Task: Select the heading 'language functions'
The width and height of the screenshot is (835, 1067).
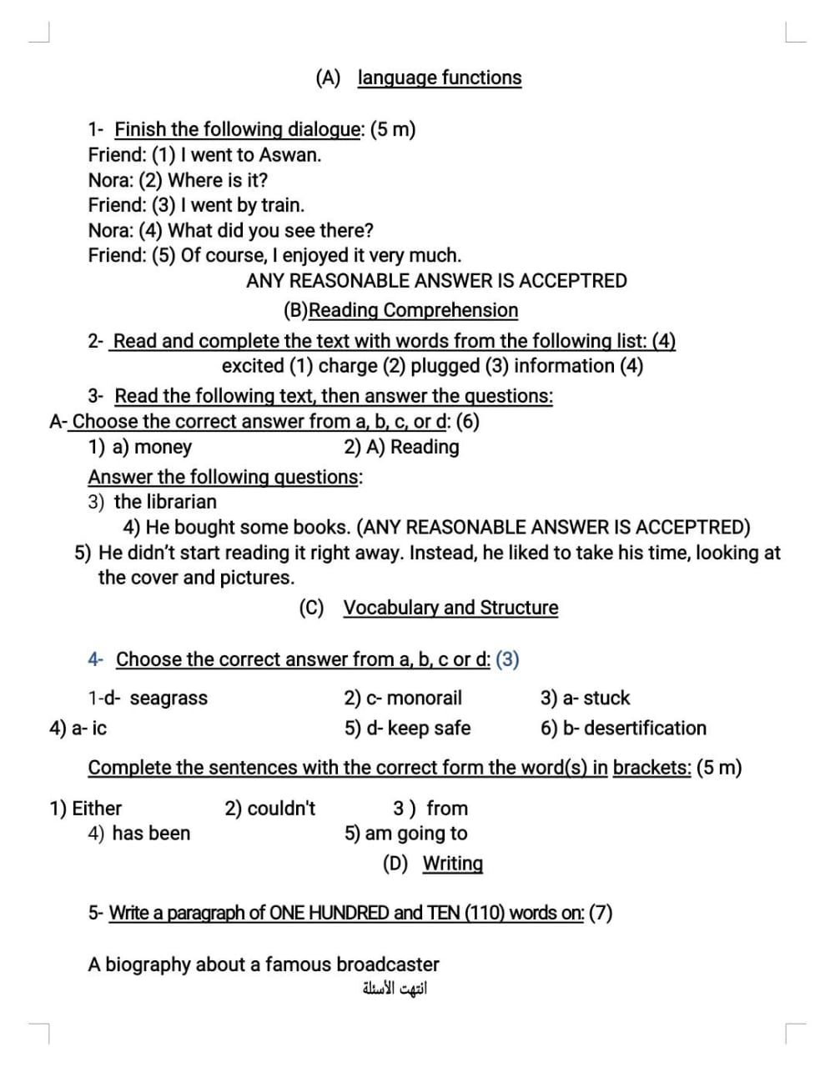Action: [440, 78]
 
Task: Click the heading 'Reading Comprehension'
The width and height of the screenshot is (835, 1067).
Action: [413, 310]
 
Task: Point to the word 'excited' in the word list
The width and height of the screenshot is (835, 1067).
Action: [253, 366]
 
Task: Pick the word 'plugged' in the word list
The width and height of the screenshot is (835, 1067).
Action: [445, 366]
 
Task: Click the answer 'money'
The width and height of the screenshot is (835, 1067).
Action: [163, 447]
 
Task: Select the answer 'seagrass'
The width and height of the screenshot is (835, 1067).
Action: [169, 699]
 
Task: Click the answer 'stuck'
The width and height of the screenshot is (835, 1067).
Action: [606, 699]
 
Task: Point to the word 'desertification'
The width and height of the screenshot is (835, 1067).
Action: [645, 729]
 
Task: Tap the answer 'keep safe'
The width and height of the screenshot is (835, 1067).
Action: [429, 729]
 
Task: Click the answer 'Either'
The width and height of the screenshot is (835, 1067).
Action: [97, 809]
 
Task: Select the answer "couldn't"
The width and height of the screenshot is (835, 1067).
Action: [281, 809]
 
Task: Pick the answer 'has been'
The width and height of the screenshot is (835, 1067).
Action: [151, 834]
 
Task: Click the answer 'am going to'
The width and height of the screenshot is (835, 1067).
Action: [416, 834]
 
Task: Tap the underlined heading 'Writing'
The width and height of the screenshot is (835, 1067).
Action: [452, 864]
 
